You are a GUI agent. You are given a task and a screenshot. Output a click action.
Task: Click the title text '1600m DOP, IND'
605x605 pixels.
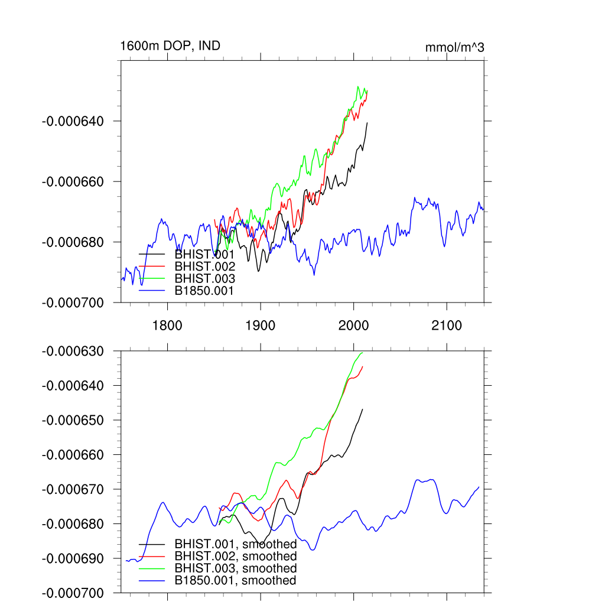point(170,45)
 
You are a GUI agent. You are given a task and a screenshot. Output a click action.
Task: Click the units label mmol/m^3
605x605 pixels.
point(454,48)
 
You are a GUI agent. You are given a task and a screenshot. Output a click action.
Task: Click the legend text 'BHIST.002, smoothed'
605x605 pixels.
point(235,556)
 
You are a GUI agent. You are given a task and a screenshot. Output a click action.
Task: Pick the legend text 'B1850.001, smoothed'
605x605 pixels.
point(235,581)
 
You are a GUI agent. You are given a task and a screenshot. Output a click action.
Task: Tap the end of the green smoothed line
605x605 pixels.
point(362,352)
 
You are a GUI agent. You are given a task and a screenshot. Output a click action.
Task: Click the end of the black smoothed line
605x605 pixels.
point(362,409)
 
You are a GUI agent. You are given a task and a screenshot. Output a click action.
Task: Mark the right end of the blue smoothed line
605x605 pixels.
point(479,487)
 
